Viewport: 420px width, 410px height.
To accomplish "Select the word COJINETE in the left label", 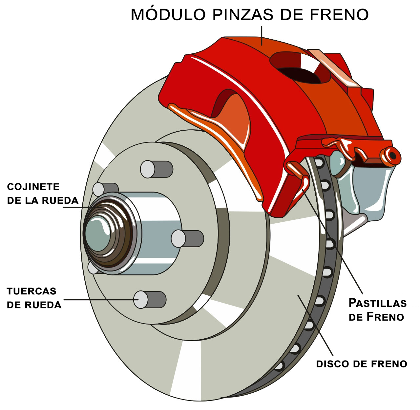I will [x=33, y=187].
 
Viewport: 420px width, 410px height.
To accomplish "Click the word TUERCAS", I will [x=31, y=291].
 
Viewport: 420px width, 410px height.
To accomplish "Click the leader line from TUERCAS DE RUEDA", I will [x=98, y=299].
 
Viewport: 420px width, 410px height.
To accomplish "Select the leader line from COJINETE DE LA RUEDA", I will [x=82, y=207].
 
